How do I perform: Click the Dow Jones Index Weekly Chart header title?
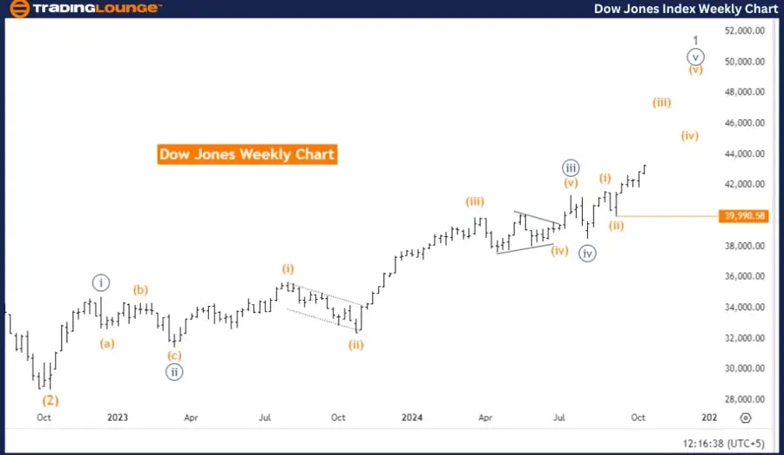pos(686,9)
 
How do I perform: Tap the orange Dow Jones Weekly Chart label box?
pos(247,154)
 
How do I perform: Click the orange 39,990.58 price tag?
pos(744,216)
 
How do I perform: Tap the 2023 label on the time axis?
pos(118,418)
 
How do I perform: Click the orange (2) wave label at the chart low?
pos(51,401)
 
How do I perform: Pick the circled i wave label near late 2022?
pos(101,282)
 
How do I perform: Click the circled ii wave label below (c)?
pos(174,370)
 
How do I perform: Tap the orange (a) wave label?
pos(106,343)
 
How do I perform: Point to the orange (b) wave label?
pos(141,289)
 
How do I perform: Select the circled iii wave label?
pos(571,167)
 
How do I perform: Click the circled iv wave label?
pos(588,254)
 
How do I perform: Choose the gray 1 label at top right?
pos(695,40)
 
